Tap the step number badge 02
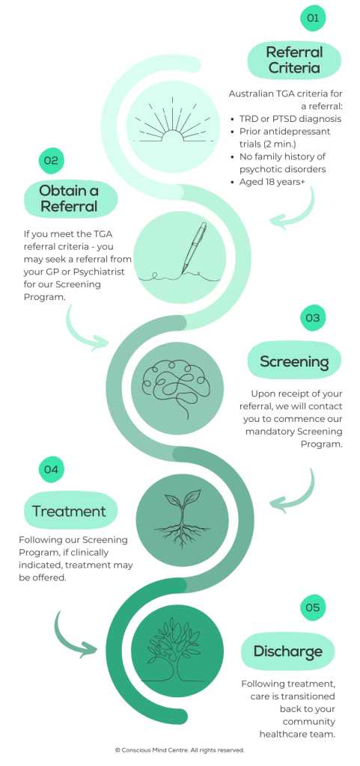[x=50, y=160]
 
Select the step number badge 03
[x=313, y=318]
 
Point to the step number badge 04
[x=50, y=469]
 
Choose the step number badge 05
[x=313, y=607]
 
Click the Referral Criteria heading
[x=294, y=61]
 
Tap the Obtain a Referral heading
[x=69, y=198]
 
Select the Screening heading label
[x=294, y=362]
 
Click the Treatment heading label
[x=69, y=512]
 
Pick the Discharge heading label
[x=287, y=651]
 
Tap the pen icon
[x=180, y=254]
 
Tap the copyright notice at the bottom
[x=180, y=750]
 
